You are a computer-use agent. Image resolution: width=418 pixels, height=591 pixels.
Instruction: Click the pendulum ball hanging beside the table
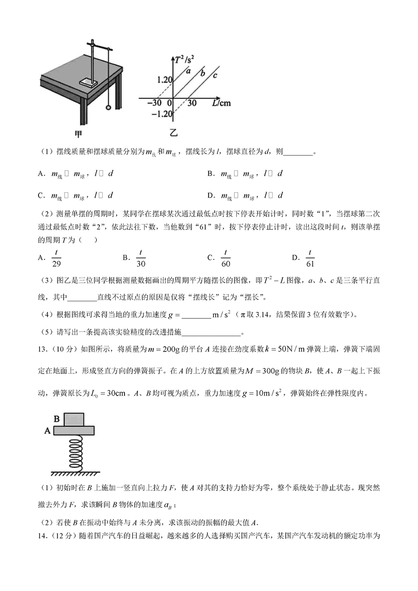109,108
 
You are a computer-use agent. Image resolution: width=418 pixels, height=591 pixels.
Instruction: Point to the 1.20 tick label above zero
164,79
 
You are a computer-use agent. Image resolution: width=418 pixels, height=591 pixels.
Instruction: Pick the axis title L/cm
220,103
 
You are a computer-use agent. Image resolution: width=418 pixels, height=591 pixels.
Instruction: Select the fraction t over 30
140,258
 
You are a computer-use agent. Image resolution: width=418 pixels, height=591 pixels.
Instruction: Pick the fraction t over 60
225,258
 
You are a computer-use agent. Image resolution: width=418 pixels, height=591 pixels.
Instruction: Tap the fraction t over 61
310,258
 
